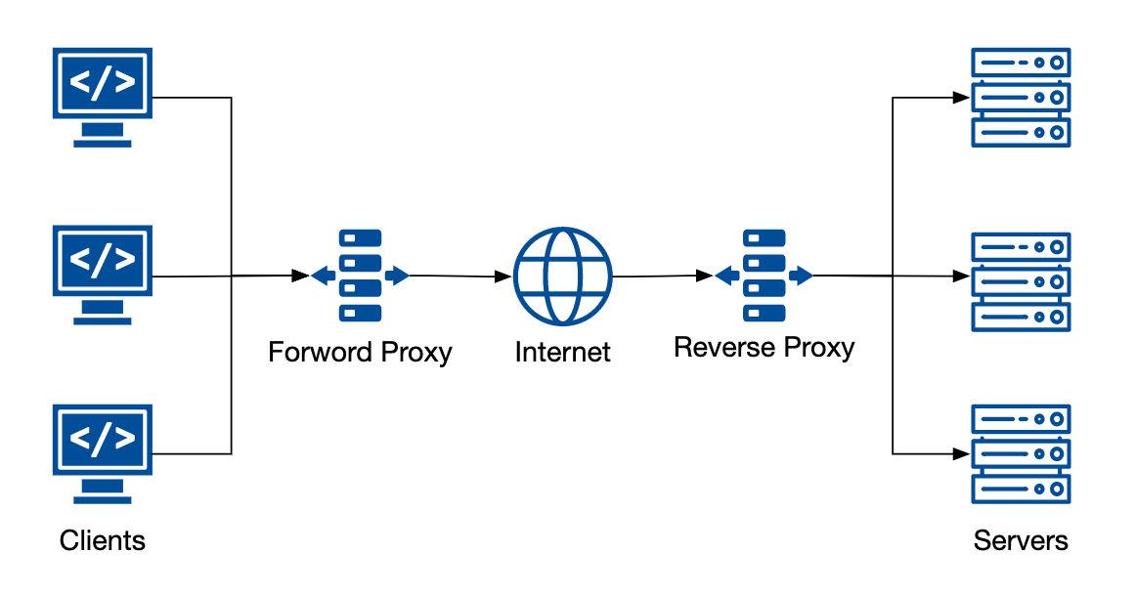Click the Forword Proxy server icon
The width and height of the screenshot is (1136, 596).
(360, 276)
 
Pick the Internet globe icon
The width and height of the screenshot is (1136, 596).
(563, 276)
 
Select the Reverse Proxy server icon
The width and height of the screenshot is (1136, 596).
(764, 276)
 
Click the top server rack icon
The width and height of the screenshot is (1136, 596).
(1021, 98)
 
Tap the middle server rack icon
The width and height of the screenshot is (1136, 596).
(1021, 281)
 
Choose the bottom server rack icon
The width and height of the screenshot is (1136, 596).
(1021, 452)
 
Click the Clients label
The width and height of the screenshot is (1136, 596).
(102, 540)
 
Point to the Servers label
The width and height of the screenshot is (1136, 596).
(1021, 540)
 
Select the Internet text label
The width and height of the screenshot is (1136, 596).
(562, 352)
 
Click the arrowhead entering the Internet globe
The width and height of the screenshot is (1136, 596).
(506, 277)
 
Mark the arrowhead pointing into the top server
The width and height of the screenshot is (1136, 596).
(962, 97)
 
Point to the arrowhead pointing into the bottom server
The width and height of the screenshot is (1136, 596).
(962, 453)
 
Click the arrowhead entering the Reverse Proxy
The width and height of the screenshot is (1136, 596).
(706, 277)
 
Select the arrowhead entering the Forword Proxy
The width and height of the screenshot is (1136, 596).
(301, 277)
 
